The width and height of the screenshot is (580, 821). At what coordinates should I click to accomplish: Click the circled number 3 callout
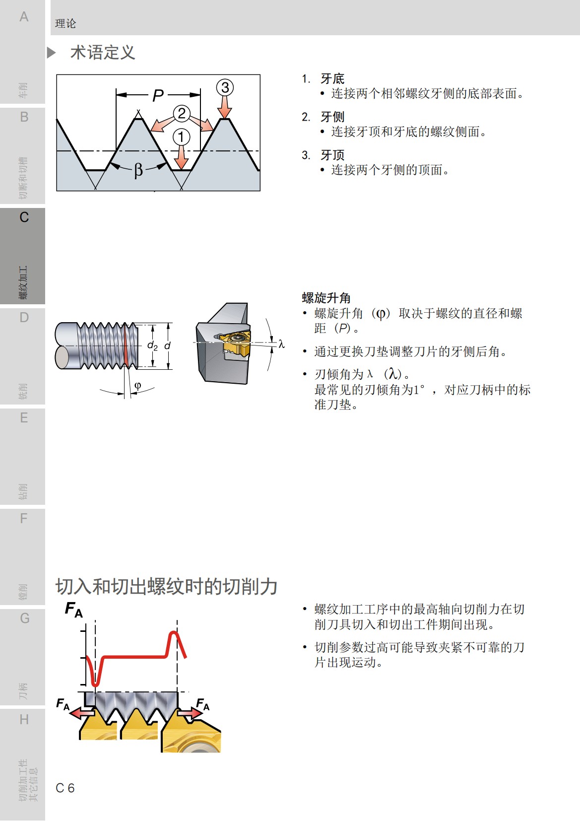click(225, 88)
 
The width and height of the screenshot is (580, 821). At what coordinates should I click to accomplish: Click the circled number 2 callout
click(182, 114)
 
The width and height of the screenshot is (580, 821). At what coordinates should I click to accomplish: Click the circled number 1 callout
click(182, 137)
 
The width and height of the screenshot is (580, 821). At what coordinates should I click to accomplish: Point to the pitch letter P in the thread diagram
click(158, 95)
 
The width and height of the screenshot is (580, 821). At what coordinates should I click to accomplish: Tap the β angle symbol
click(138, 170)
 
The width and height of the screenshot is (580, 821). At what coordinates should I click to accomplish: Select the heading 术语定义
click(103, 53)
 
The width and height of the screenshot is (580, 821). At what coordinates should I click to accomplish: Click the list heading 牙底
click(332, 78)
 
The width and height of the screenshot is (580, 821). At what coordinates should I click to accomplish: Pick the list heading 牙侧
click(332, 117)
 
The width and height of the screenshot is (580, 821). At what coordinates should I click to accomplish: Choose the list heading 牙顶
click(332, 155)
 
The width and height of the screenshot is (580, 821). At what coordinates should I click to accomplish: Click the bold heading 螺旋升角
click(326, 298)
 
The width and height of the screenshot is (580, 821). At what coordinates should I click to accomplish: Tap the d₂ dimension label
click(152, 345)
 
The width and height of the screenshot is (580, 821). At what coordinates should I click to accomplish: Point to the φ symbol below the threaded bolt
click(137, 385)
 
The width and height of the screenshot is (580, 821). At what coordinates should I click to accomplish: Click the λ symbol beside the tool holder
click(281, 343)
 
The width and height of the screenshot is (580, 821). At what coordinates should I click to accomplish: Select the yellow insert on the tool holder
click(236, 343)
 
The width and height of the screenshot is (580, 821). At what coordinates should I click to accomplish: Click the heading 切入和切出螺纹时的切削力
click(166, 586)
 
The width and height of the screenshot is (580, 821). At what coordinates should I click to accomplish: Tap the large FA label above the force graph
click(74, 609)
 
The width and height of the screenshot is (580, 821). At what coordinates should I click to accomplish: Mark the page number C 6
click(65, 788)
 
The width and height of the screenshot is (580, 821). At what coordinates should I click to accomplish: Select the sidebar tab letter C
click(24, 217)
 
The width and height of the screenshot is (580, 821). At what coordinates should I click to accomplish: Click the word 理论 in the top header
click(65, 23)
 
